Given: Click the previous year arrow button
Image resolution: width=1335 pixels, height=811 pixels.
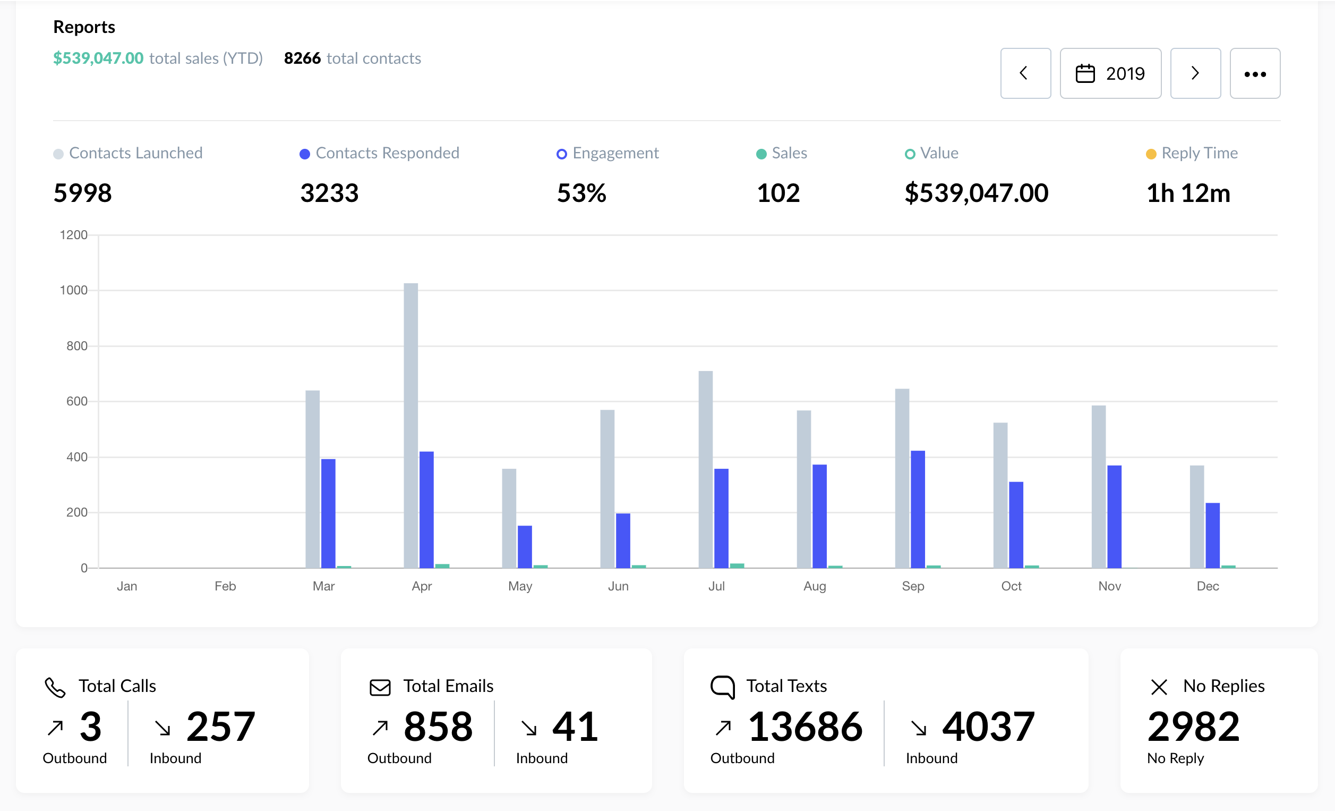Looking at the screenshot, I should (1025, 73).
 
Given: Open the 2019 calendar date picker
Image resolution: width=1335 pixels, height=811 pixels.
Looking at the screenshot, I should (1110, 73).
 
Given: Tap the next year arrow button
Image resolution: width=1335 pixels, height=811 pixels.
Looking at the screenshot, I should (1195, 73).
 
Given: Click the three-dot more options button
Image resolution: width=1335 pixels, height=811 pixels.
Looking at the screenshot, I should (1255, 73).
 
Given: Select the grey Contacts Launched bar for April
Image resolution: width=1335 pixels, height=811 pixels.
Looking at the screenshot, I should (410, 426).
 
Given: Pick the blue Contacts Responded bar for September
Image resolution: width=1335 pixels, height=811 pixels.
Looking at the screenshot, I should (918, 509).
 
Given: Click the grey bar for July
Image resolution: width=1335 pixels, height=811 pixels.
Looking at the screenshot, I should (705, 469).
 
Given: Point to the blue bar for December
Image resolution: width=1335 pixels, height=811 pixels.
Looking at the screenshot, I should (1212, 535).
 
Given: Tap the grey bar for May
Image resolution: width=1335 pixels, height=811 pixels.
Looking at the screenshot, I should (509, 518).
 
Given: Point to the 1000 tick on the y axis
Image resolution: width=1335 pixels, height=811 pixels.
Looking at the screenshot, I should (74, 291).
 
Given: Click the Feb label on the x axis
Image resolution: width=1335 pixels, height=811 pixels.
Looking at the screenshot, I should (225, 586).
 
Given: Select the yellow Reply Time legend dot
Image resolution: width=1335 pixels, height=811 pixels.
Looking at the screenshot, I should (1151, 154).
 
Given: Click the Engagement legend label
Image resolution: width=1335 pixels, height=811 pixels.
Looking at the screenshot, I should (615, 153).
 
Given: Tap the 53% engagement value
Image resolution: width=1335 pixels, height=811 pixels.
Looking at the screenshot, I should (581, 193).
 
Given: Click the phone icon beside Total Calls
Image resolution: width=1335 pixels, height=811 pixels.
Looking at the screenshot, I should (55, 687).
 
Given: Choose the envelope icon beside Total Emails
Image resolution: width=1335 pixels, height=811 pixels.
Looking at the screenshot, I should (380, 687).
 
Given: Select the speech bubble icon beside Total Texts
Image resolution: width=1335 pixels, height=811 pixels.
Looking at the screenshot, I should (723, 687).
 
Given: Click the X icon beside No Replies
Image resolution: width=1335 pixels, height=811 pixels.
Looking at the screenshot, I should (1159, 687).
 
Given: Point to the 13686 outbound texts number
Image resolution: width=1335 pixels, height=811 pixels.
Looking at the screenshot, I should (805, 726).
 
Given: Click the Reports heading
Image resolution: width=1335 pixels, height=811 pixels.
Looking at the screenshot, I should (84, 27).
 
